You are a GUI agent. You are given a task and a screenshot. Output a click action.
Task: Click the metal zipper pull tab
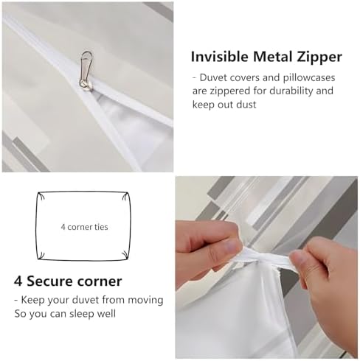[x=86, y=66]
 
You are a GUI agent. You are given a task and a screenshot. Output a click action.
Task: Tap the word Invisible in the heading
[x=220, y=57]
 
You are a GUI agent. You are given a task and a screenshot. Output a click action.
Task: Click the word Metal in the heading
[x=272, y=57]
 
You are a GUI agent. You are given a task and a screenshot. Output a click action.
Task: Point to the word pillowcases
[x=309, y=78]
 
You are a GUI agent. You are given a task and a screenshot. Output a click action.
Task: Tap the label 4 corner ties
[x=84, y=227]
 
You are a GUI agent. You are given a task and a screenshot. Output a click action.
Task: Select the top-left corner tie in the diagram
[x=41, y=196]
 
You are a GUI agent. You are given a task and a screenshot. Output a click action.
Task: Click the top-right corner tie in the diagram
[x=125, y=197]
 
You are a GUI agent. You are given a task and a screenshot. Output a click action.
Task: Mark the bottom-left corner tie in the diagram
[x=41, y=256]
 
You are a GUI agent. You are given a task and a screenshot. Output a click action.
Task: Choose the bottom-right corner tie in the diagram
[x=125, y=255]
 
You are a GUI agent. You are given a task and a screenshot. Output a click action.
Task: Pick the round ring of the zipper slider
[x=86, y=85]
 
